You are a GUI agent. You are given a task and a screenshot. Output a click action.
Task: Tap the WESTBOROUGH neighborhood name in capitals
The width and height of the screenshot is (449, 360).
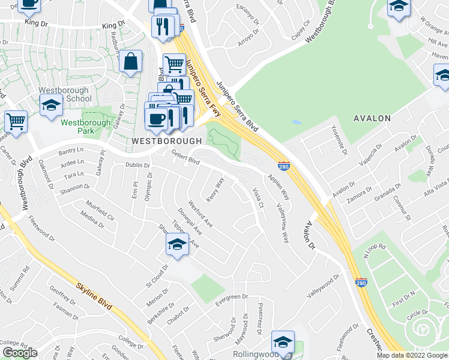click(167, 140)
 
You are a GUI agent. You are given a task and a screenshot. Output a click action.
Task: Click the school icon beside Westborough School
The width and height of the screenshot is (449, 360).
click(52, 106)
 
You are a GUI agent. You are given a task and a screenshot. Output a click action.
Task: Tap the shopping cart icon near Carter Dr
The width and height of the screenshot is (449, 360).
click(16, 121)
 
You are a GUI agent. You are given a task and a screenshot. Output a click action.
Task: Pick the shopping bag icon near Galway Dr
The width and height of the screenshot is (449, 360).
click(130, 62)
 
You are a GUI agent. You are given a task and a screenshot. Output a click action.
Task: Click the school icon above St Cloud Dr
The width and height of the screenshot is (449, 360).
click(177, 244)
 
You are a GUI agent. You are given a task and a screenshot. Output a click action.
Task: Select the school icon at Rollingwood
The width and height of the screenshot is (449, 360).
click(282, 342)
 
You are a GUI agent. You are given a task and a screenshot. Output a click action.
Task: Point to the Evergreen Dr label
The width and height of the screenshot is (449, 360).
click(231, 296)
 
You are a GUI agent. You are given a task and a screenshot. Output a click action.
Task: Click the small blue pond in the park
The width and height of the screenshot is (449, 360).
click(297, 121)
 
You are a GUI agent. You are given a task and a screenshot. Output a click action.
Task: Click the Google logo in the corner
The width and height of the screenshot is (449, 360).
click(20, 352)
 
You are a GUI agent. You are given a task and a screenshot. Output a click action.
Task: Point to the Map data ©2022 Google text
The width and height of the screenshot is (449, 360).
click(411, 355)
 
